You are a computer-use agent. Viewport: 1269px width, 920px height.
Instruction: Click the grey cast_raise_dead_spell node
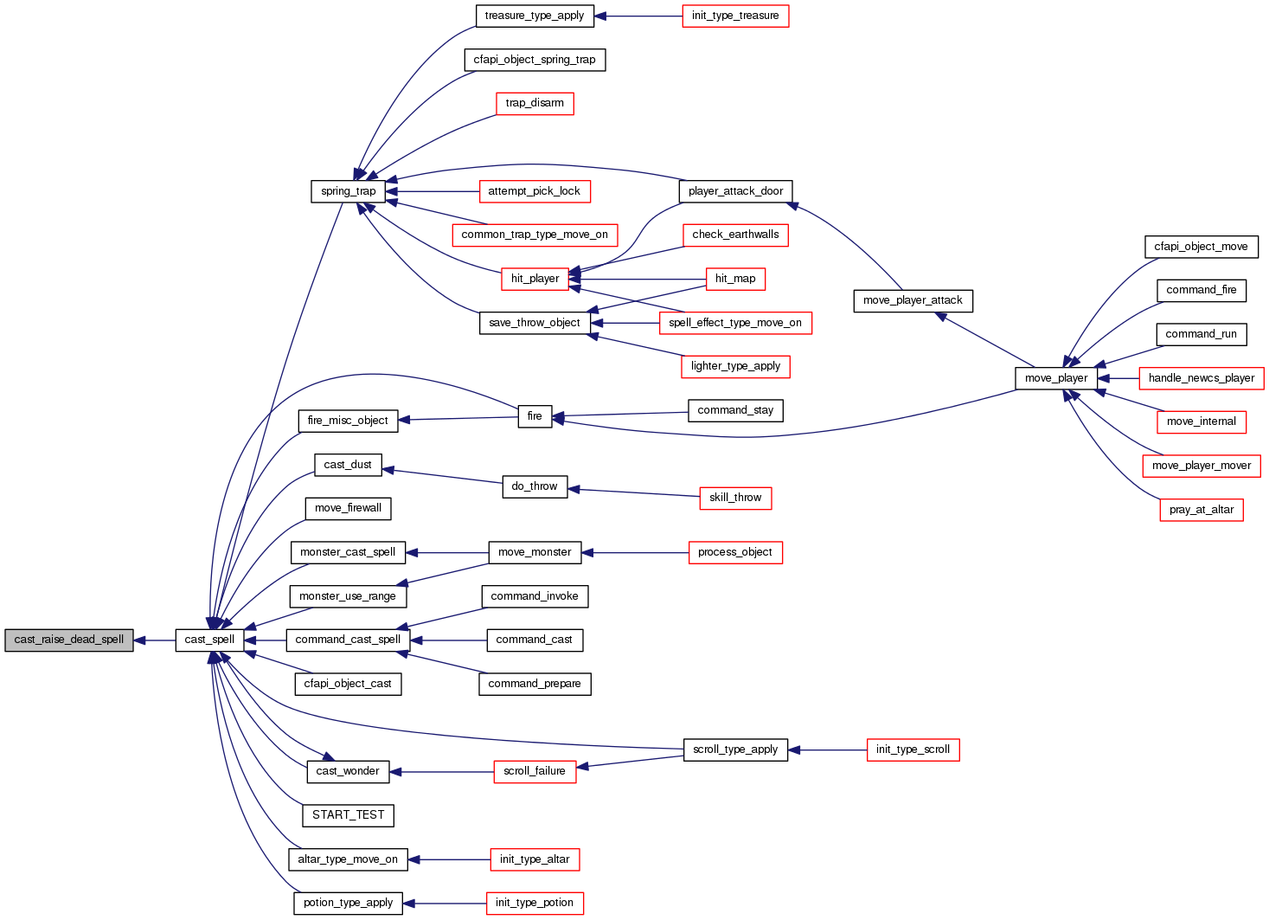click(69, 640)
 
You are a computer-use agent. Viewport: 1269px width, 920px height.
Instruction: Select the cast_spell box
click(210, 640)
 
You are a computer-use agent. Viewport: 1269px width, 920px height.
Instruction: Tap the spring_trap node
click(348, 191)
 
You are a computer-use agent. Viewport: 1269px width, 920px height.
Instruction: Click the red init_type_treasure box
click(735, 16)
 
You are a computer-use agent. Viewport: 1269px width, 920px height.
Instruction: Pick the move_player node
click(1056, 378)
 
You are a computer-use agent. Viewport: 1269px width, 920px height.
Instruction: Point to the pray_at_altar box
click(1202, 510)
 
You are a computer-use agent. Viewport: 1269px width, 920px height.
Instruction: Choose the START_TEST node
click(348, 815)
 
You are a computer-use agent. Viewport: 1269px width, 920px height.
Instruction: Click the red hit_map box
click(735, 279)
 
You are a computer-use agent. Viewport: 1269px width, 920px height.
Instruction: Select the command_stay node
click(735, 410)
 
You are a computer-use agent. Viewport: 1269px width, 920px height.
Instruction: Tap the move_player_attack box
click(913, 300)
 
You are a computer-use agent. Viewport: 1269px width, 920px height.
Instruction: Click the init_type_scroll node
click(913, 750)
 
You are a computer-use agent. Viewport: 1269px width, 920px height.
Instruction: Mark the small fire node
click(535, 416)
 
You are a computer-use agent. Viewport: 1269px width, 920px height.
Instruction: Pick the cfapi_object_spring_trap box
click(535, 60)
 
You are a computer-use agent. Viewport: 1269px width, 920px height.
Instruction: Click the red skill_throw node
click(735, 498)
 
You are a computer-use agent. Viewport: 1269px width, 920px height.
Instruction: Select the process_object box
click(735, 552)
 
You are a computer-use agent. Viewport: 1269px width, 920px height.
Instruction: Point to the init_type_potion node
click(535, 903)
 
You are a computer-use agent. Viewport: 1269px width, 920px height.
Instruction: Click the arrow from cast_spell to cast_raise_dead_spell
click(155, 640)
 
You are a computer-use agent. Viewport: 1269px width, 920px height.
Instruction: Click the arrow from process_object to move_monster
click(636, 552)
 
